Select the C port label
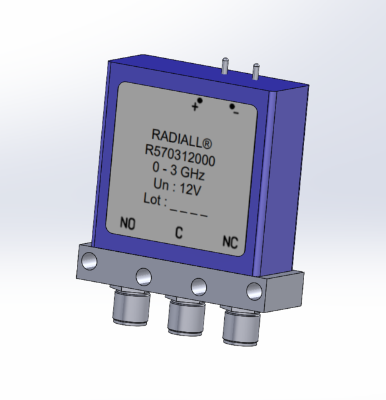coord(179,234)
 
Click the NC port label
coord(230,242)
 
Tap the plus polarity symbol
coord(195,107)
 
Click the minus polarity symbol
coord(235,112)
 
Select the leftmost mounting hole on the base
coord(91,261)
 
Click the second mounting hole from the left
coord(143,274)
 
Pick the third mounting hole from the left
coord(199,285)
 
